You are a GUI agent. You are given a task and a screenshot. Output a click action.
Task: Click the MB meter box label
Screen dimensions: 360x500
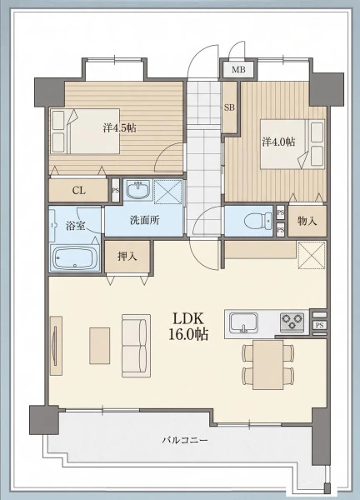point(238,69)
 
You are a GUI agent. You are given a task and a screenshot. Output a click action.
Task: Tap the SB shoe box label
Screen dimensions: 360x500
point(229,107)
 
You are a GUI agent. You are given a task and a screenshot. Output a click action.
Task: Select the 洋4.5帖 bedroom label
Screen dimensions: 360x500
point(119,127)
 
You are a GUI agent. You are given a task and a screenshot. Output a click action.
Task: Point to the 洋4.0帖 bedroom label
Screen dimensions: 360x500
point(278,142)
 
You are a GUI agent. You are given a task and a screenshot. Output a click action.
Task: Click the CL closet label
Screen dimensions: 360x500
point(79,191)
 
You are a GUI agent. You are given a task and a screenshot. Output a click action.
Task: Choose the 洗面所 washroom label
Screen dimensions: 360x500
point(145,220)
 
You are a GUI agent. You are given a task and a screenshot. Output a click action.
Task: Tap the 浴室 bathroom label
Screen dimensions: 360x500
point(75,226)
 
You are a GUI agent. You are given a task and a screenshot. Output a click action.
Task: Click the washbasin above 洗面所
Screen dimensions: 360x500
point(138,189)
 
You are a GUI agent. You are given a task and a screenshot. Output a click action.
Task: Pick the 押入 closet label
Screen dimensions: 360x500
point(127,256)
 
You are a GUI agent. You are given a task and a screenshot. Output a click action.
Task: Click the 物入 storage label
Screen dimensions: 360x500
point(307,221)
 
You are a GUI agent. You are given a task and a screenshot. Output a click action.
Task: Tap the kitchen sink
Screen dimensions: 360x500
point(244,322)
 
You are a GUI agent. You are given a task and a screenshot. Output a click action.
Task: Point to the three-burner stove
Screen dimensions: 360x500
point(292,322)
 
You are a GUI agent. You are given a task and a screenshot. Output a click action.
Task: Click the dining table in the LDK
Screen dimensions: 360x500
point(267,364)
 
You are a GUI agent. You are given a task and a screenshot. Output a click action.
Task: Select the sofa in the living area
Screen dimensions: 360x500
point(136,346)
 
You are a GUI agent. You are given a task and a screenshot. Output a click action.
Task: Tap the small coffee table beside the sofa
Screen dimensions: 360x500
point(99,346)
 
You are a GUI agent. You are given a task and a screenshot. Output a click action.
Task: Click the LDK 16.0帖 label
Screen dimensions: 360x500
point(188,326)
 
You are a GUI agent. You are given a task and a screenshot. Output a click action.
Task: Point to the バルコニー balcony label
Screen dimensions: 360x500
point(185,441)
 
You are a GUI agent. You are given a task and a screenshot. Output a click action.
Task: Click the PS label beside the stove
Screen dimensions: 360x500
point(320,325)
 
